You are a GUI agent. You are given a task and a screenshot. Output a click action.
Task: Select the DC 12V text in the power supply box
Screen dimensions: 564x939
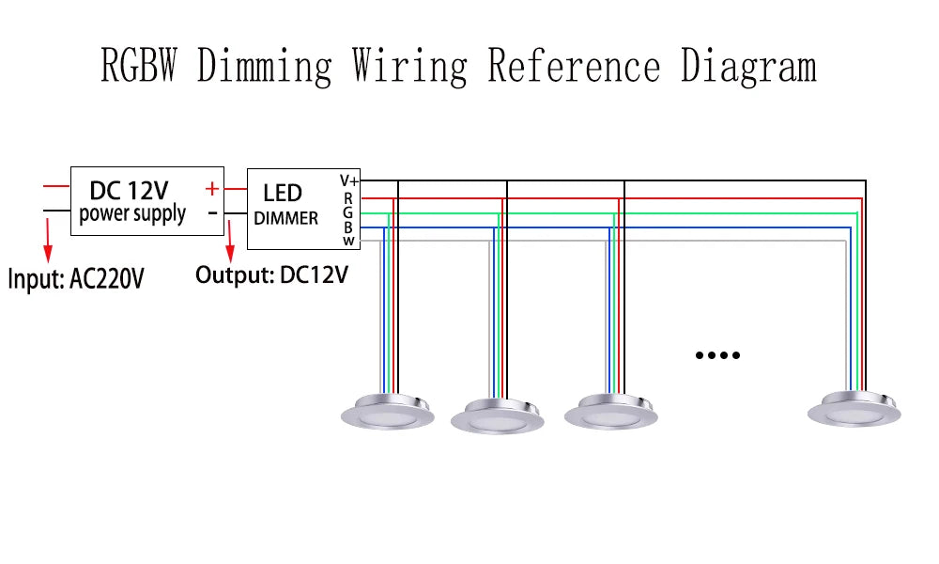click(x=128, y=190)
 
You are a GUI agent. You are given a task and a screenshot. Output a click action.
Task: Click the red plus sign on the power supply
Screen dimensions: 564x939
click(x=212, y=189)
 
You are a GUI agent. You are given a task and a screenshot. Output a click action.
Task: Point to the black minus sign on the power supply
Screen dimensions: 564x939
click(x=212, y=212)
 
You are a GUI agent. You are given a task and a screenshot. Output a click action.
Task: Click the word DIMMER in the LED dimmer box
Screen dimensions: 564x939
click(x=286, y=218)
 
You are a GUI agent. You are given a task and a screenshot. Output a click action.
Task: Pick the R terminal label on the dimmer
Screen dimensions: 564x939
click(x=348, y=198)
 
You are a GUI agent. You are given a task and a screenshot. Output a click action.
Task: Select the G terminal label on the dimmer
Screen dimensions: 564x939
click(x=348, y=212)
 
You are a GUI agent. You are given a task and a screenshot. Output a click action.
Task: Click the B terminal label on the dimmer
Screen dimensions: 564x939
click(x=348, y=227)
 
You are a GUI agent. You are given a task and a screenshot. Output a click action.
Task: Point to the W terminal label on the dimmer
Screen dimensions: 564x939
click(x=348, y=241)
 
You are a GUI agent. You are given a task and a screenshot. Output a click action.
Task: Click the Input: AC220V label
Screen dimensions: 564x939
click(x=77, y=279)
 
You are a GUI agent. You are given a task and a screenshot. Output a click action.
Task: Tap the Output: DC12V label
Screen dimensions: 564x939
click(x=271, y=275)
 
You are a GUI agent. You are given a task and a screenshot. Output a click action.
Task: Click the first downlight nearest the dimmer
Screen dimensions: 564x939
click(x=387, y=412)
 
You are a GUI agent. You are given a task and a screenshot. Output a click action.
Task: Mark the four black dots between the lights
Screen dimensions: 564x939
click(x=717, y=355)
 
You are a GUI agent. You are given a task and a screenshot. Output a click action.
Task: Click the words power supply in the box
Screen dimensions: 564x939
click(x=132, y=214)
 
